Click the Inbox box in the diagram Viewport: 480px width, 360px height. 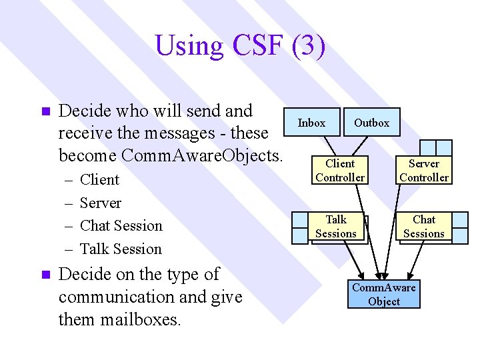311,123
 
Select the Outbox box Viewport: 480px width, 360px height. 371,123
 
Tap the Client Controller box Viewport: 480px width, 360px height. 340,170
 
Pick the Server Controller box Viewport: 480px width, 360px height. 424,170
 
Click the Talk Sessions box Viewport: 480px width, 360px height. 335,226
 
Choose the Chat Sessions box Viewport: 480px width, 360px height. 424,226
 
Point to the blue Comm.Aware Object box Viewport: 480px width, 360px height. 384,294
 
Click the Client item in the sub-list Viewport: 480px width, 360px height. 99,180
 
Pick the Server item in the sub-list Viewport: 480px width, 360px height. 100,203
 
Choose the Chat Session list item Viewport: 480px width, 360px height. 121,225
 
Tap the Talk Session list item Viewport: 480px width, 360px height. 121,249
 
